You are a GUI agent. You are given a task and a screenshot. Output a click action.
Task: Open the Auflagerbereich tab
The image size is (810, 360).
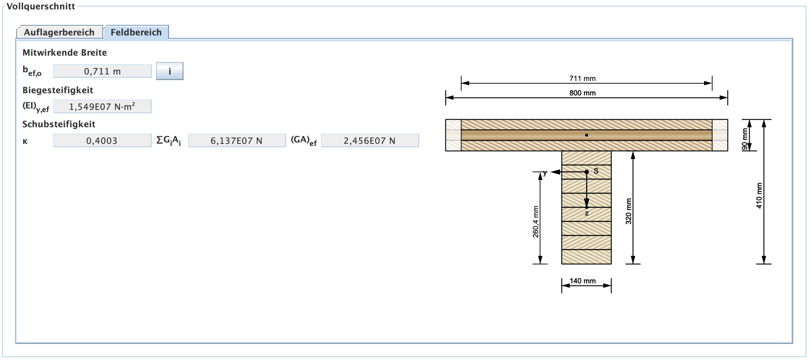coord(59,32)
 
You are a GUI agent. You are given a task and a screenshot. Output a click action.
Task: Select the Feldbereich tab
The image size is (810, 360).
coord(136,32)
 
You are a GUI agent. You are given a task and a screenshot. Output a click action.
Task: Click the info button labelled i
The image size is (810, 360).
coord(170,71)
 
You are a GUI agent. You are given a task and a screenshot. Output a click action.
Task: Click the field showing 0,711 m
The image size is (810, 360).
coord(102,71)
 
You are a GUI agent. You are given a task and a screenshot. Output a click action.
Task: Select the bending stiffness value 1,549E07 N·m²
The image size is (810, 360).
coord(102,107)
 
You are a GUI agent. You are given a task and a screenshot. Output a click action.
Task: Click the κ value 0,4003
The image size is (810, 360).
coord(102,141)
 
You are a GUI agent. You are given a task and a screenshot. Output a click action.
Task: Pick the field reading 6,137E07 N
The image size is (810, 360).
coord(236,141)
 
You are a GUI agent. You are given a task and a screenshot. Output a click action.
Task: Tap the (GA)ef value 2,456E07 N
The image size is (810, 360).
coord(370,141)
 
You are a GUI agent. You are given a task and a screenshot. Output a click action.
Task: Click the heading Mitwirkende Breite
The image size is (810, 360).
coord(65,53)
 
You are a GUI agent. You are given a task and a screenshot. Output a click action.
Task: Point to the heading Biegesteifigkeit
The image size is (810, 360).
coord(58,90)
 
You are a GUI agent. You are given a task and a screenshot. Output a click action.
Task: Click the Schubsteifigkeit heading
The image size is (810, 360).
coord(59,124)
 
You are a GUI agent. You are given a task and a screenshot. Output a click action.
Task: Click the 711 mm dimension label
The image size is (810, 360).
coord(582,78)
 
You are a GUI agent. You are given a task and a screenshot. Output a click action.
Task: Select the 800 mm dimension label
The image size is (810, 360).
coord(582,93)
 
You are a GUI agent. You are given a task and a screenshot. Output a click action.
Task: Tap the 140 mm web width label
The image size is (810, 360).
coord(583,281)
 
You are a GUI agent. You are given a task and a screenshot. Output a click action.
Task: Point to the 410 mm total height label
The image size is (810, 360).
coord(759,196)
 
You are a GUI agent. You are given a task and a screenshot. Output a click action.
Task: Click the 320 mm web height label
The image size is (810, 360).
coord(628,211)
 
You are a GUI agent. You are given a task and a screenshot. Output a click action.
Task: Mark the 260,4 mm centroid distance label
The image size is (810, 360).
coord(536,222)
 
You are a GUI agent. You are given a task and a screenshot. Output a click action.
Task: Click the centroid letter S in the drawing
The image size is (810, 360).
coord(596,171)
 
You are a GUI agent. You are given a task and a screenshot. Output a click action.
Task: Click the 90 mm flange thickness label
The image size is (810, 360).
coord(745,139)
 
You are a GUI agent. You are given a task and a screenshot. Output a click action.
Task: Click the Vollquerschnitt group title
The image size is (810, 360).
coord(41,6)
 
